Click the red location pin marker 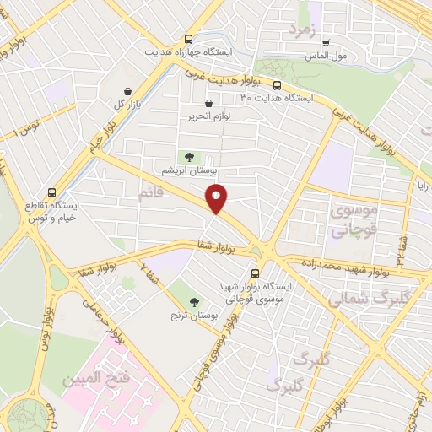(217, 198)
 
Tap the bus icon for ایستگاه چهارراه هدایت (188, 39)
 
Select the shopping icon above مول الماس (325, 42)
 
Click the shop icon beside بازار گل (127, 92)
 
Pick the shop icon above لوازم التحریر (208, 105)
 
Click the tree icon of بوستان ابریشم (188, 156)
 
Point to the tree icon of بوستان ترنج (195, 301)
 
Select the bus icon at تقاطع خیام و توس (52, 192)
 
